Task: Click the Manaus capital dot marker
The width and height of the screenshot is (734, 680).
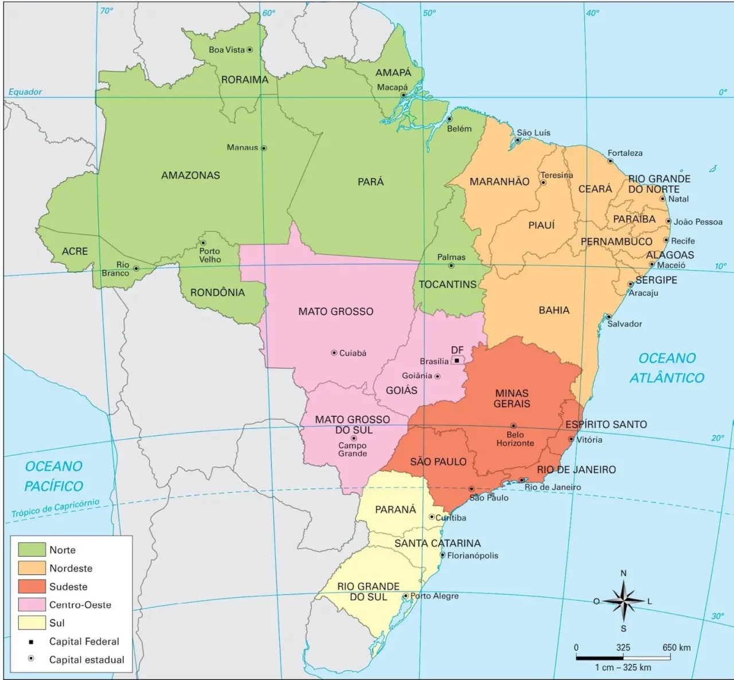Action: (x=264, y=148)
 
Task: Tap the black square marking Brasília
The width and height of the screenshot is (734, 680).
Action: (x=456, y=361)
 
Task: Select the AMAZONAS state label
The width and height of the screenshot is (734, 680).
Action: (x=190, y=175)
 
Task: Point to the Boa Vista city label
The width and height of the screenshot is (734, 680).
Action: (x=227, y=50)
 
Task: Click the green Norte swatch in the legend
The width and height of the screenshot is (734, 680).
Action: (x=32, y=550)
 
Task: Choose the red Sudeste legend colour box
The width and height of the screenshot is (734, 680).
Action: (x=32, y=587)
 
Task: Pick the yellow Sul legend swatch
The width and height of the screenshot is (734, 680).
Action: (x=32, y=623)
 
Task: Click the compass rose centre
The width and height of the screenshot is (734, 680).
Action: (x=623, y=601)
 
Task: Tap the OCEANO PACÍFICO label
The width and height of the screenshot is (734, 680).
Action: (x=54, y=476)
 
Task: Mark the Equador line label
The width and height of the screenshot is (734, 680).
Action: (x=25, y=92)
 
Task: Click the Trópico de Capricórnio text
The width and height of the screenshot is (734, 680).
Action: (x=55, y=509)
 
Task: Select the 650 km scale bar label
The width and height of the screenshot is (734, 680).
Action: (x=677, y=647)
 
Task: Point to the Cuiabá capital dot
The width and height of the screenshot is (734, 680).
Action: (x=334, y=353)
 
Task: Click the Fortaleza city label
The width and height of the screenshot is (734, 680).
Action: (x=625, y=153)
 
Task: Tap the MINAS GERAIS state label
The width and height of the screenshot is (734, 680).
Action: (x=512, y=398)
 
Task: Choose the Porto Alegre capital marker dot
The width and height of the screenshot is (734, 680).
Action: (x=406, y=596)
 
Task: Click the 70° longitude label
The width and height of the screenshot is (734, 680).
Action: (x=107, y=11)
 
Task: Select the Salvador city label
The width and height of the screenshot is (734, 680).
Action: (x=624, y=324)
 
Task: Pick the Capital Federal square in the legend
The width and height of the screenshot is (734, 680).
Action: (x=31, y=642)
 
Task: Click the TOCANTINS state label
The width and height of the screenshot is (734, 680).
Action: (x=447, y=284)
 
